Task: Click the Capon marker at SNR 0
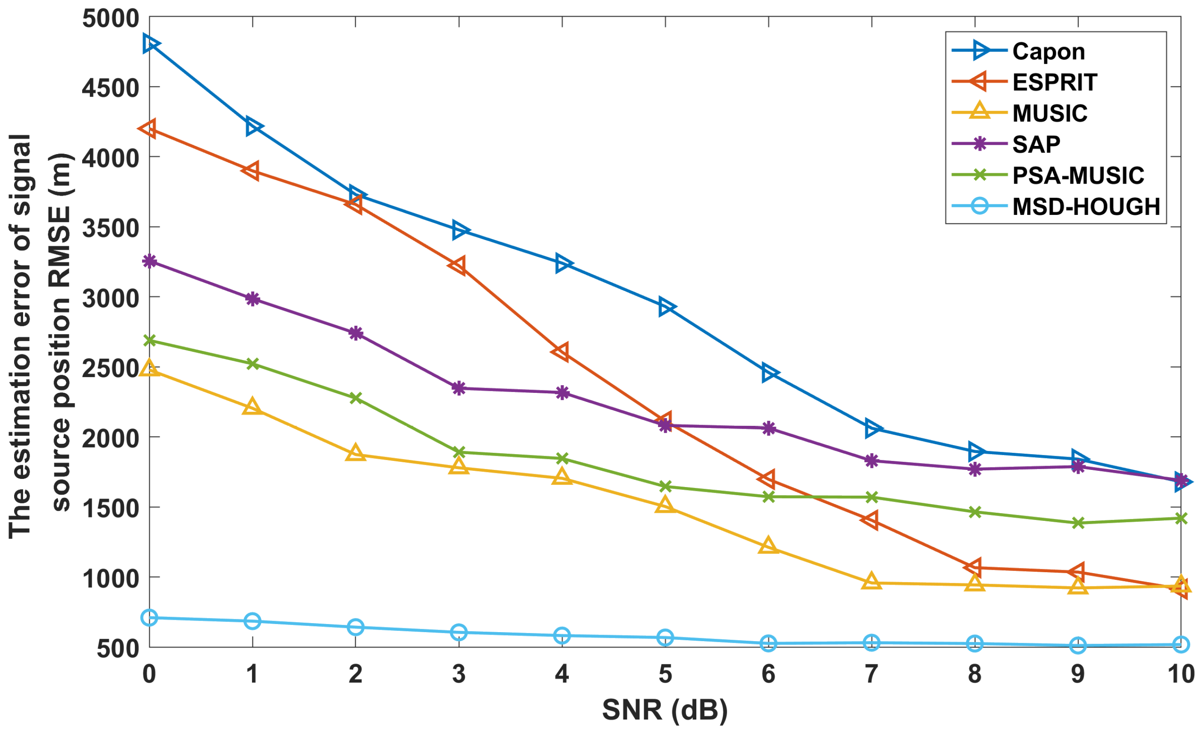point(149,44)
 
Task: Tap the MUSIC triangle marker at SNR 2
point(356,453)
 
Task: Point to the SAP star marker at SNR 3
point(459,388)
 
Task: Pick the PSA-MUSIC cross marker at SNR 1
point(252,364)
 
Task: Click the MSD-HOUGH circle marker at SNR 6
point(768,643)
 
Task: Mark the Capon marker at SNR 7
point(871,428)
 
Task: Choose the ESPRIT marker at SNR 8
point(974,567)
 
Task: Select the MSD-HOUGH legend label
point(1086,206)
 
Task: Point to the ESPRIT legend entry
point(1055,82)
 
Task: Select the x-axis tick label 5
point(665,674)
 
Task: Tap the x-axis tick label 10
point(1180,674)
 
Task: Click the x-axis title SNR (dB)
point(665,710)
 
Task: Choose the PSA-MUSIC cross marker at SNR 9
point(1078,523)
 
